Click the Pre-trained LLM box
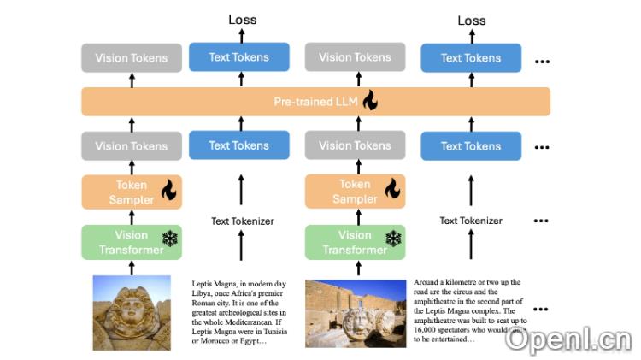click(x=315, y=102)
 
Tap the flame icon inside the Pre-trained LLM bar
click(x=369, y=101)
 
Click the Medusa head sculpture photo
click(x=132, y=312)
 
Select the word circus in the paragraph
click(x=468, y=292)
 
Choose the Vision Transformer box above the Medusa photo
click(x=131, y=242)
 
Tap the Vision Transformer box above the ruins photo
click(x=355, y=242)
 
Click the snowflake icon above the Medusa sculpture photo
click(x=169, y=239)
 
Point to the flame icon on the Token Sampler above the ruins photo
click(x=393, y=190)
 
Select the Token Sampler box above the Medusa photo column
click(x=131, y=192)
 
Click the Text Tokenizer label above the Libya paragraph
click(x=243, y=221)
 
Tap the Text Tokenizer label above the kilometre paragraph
click(x=471, y=221)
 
